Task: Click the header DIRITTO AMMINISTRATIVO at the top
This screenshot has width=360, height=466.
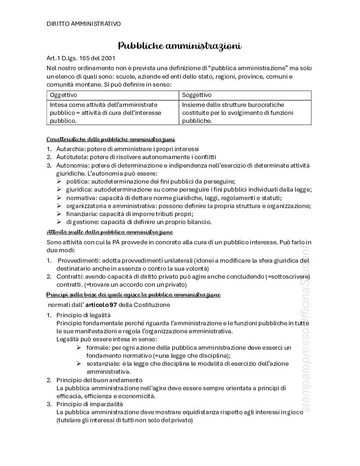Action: coord(83,23)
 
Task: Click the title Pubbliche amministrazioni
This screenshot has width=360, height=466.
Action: coord(179,46)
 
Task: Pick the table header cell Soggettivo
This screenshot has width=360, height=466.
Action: coord(197,95)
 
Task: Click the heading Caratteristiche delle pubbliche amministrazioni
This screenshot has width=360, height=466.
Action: coord(111,139)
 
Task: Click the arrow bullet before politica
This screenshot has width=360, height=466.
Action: coord(59,182)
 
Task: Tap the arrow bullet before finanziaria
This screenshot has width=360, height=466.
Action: coord(59,214)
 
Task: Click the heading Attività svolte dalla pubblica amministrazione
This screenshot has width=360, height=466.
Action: coord(110,232)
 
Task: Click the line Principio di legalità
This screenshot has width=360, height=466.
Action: coord(83,315)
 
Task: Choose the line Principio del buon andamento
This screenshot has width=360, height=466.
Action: coord(99,380)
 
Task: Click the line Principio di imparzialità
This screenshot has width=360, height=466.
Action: coord(89,404)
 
